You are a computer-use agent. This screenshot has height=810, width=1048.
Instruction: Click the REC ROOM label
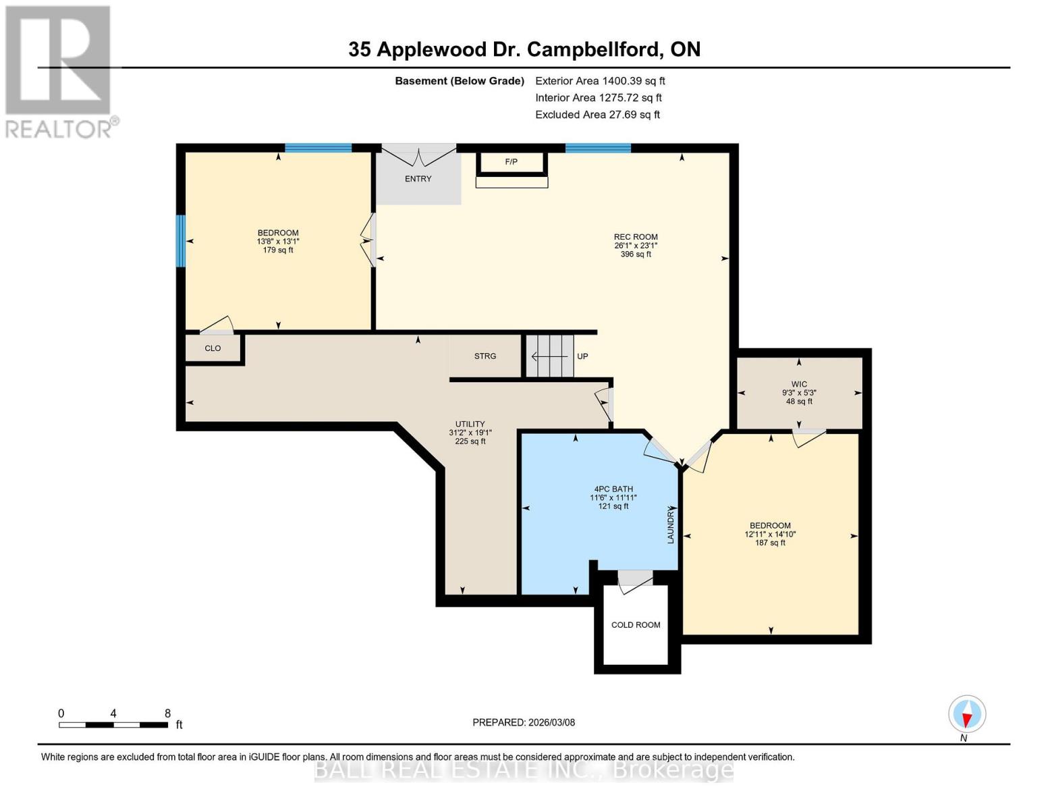point(635,237)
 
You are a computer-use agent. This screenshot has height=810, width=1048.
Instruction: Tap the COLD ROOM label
point(636,625)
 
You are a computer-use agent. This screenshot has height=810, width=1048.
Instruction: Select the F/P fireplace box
point(512,163)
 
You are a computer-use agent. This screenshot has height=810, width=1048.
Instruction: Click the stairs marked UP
point(550,356)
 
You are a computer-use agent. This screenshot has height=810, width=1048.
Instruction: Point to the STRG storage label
point(485,356)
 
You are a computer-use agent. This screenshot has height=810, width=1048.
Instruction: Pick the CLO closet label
point(213,348)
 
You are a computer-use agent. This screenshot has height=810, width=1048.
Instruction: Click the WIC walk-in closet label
point(799,384)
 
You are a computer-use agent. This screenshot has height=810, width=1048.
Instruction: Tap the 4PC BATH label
point(613,489)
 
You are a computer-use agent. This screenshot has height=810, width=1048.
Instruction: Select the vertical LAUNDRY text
point(671,526)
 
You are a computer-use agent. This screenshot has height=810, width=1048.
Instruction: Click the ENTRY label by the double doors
point(418,179)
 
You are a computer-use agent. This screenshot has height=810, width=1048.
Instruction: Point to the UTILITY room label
point(470,425)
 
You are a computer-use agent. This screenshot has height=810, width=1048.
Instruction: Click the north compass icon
point(966,714)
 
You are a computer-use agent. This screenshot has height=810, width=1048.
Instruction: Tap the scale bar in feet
point(113,725)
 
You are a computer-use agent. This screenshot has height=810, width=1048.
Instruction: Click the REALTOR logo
point(59,71)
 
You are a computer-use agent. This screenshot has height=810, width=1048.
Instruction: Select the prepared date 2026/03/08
point(524,722)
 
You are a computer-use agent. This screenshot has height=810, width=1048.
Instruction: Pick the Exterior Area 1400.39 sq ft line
point(600,81)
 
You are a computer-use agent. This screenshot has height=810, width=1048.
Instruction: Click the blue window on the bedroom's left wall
point(181,241)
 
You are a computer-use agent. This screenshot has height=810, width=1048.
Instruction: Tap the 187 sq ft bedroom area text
point(770,543)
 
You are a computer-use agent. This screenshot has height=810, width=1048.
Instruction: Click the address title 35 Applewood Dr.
point(524,49)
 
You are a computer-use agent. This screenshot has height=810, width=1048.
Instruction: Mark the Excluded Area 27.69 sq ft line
point(597,115)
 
